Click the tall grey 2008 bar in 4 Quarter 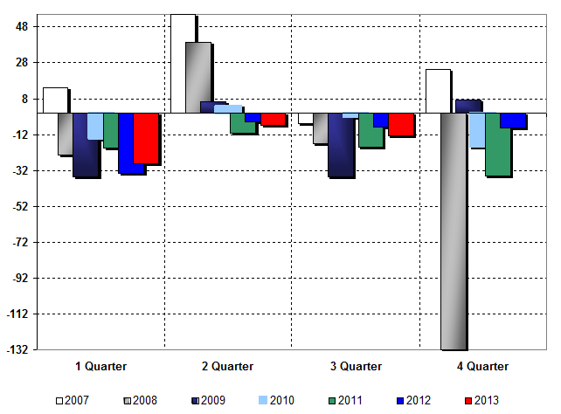(454, 231)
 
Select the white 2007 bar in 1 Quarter (55, 100)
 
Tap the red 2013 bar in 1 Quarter (146, 138)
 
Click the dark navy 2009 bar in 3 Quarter (341, 145)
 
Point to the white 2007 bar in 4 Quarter (438, 91)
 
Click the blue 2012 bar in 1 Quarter (131, 142)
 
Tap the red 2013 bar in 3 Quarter (401, 124)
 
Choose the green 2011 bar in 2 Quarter (242, 122)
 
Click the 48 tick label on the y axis (24, 27)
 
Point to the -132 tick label (20, 349)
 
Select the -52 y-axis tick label (22, 206)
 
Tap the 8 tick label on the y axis (27, 99)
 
